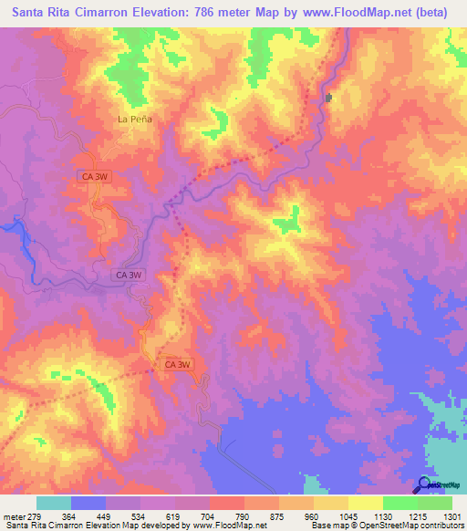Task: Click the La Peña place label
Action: coord(135,120)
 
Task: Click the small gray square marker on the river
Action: coord(328,98)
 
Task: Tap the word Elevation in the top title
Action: coord(161,13)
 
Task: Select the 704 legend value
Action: coord(210,515)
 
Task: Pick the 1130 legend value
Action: coord(383,515)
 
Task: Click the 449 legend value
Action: coord(106,515)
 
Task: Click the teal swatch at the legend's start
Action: coord(54,503)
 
